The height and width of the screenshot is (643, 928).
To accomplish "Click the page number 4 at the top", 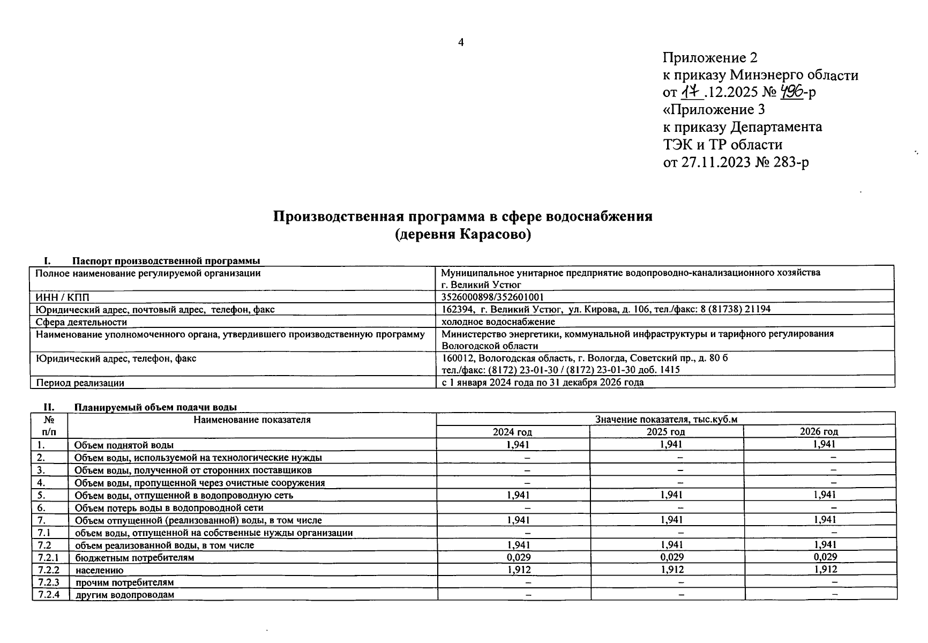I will (461, 42).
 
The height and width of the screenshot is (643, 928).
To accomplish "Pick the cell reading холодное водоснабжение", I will (498, 322).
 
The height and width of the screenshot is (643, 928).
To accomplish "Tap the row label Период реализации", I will (80, 383).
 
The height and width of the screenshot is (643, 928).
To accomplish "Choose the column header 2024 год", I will (512, 432).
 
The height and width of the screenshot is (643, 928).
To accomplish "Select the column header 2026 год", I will (819, 432).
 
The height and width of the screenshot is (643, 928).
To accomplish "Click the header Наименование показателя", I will (252, 420).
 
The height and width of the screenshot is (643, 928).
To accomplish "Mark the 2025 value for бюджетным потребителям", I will (672, 557).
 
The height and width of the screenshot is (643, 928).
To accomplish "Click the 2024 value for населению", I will (518, 570).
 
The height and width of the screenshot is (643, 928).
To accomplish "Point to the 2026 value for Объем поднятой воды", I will (825, 444).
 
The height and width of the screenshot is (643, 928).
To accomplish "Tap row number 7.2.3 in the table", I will (49, 582).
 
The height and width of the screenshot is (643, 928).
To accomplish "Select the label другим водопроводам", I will (125, 595).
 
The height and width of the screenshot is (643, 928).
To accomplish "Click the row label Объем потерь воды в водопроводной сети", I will (169, 507).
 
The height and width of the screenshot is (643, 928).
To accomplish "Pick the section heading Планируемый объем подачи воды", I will (155, 407).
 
